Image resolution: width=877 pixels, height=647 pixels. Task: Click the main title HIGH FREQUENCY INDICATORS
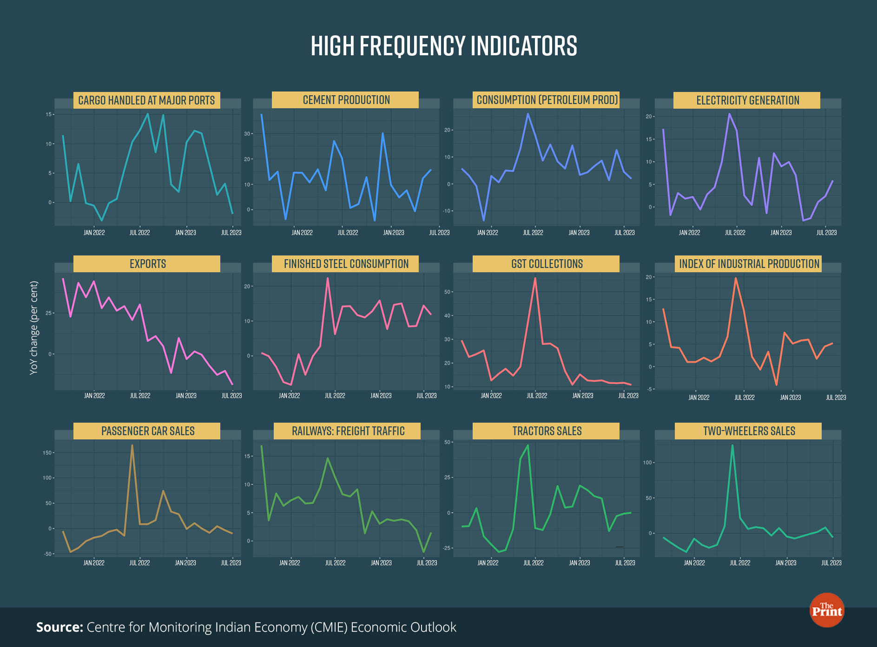coord(444,46)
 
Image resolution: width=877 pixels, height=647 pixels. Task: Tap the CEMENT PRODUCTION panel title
coord(346,100)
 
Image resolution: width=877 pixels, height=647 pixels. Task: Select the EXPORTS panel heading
coord(147,264)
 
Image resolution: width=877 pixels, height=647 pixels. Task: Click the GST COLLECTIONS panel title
coord(547,264)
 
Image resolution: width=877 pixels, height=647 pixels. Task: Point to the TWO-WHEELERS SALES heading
coord(749,431)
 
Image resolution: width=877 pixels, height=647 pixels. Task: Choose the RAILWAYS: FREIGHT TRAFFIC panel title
coord(348,431)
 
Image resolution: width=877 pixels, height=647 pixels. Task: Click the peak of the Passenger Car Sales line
coord(132,445)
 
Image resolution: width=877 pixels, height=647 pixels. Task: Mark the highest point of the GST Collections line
coord(535,279)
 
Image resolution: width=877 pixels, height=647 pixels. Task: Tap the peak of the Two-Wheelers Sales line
coord(732,445)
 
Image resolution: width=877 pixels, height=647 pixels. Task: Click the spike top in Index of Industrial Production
coord(736,278)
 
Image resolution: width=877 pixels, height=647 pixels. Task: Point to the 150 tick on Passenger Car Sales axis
coord(47,452)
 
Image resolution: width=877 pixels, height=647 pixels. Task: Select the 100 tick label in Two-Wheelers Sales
coord(647,463)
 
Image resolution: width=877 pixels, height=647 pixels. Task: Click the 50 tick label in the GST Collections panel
coord(448,292)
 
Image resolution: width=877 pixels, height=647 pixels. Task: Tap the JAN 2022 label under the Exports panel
coord(94,396)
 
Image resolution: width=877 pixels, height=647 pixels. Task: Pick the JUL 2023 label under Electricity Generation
coord(826,233)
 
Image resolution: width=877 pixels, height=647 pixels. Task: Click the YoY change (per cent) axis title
coord(33,327)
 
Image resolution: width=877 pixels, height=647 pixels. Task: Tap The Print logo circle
coord(827,610)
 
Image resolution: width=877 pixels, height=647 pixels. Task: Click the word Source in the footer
coord(59,627)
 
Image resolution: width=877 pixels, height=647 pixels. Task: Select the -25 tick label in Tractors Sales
coord(447,548)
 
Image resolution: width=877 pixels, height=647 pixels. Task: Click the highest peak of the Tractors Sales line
coord(528,445)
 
